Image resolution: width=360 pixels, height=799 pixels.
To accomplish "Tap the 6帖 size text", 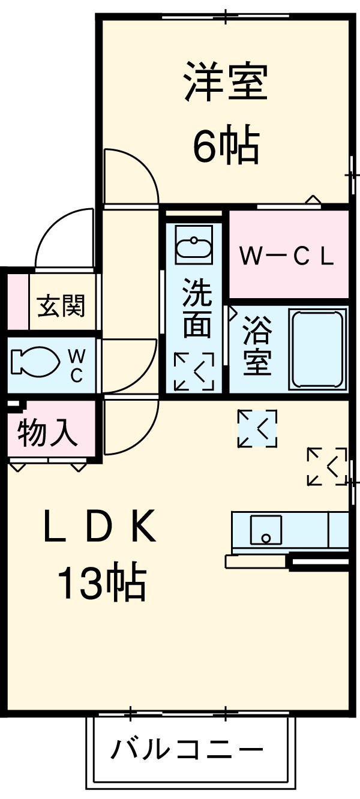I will tap(226, 145).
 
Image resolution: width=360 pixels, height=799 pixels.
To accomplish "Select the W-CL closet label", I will tap(287, 256).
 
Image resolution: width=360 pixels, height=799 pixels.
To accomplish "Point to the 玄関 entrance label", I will tap(62, 307).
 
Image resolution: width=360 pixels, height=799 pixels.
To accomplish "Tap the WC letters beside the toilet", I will tap(77, 366).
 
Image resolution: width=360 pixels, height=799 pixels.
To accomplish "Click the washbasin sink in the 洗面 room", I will tap(193, 247).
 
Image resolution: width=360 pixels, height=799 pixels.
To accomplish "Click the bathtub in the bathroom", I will tap(318, 348).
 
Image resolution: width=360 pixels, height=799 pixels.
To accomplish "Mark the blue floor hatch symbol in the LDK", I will tap(257, 428).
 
